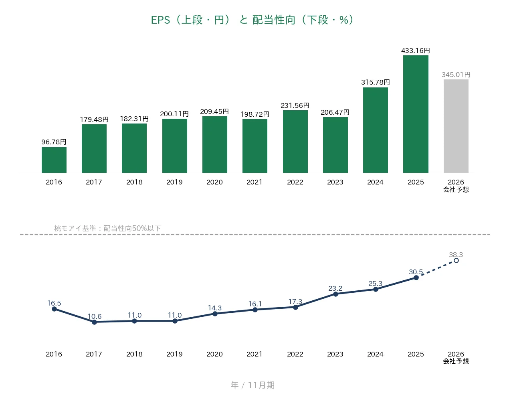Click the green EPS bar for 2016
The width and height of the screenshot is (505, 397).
tap(54, 160)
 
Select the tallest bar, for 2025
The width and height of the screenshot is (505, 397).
tap(416, 114)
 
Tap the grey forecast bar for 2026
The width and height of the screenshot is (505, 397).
tap(456, 126)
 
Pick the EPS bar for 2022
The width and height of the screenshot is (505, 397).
tap(295, 142)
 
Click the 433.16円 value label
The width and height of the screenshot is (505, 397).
tap(415, 51)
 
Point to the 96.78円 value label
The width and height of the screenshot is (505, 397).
tap(54, 142)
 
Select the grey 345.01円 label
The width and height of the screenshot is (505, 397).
tap(456, 75)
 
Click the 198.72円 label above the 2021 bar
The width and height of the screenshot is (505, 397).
tap(255, 114)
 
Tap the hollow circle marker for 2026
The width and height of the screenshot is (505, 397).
tap(456, 261)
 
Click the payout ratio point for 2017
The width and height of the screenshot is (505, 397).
tap(94, 322)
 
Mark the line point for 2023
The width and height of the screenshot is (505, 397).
tap(335, 294)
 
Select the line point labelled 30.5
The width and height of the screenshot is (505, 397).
tap(416, 278)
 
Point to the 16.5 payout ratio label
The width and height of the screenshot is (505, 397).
tap(54, 303)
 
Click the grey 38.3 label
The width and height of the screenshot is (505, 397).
tap(456, 255)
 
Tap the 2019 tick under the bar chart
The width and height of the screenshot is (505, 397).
tap(174, 182)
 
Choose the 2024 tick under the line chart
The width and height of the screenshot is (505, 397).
tap(375, 354)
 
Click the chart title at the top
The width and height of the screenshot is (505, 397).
tap(252, 20)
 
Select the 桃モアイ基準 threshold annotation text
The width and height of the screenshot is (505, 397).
tap(107, 228)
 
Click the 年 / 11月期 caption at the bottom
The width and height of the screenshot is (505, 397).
tap(252, 385)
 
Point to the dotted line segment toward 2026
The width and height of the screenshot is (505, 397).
tap(436, 269)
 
